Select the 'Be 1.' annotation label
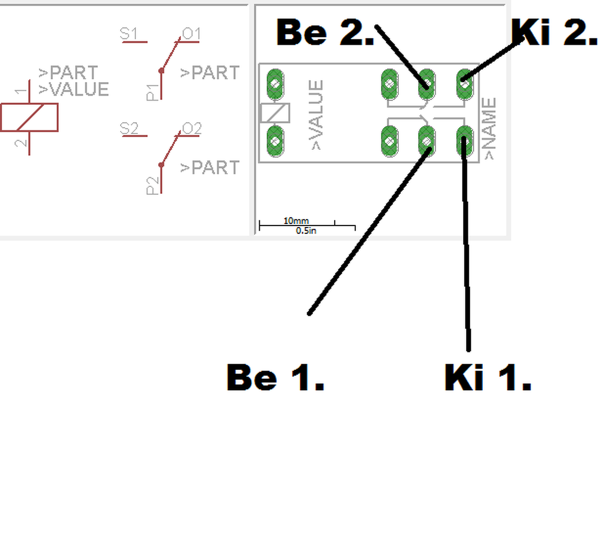[275, 377]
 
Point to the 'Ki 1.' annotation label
[488, 377]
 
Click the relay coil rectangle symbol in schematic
[29, 118]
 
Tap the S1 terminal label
[129, 34]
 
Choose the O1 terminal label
[191, 34]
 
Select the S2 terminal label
[129, 128]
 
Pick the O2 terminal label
[191, 128]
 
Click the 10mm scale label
[296, 221]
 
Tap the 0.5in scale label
[306, 231]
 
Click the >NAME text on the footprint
[490, 129]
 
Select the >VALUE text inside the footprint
[316, 115]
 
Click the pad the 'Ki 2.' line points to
[464, 84]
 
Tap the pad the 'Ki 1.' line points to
[464, 141]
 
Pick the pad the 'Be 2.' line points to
[427, 84]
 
